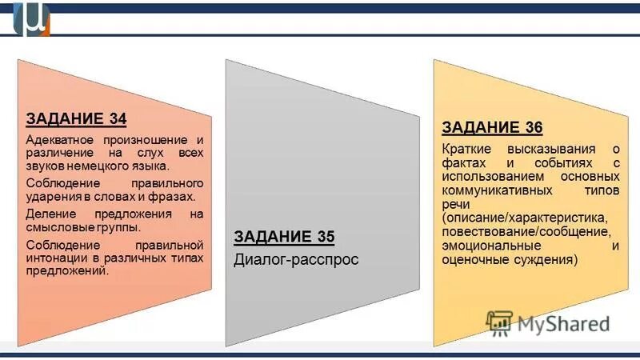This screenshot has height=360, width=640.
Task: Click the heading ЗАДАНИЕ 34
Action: click(x=76, y=119)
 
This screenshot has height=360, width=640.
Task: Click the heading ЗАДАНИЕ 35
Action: click(x=284, y=236)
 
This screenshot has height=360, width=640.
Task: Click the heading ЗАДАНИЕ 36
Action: click(x=492, y=128)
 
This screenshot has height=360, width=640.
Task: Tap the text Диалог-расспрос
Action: click(x=296, y=259)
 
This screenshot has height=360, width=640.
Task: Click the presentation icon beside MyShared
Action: click(x=499, y=322)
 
